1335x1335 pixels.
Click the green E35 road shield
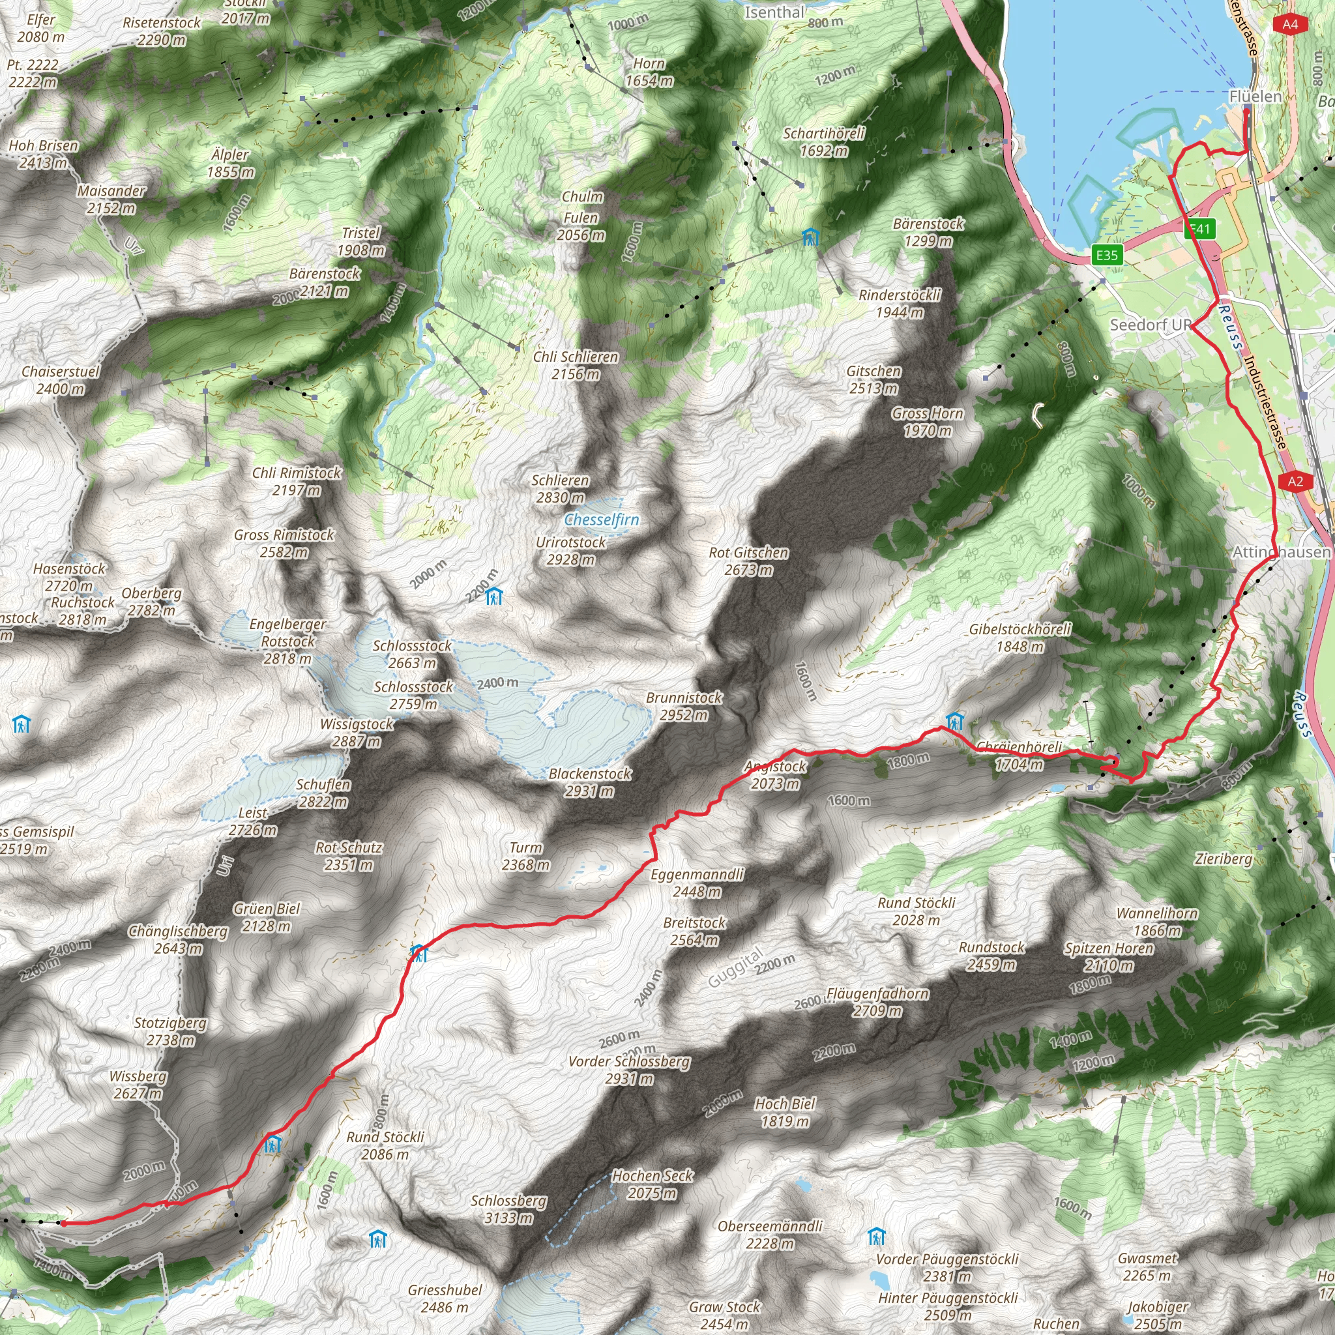coord(1106,255)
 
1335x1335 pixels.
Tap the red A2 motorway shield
coord(1295,482)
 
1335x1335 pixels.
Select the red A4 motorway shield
coord(1290,24)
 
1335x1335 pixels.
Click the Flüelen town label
coord(1255,96)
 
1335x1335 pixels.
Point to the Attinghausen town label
coord(1281,551)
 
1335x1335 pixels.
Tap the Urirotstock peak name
coord(571,542)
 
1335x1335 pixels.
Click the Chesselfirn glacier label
coord(602,520)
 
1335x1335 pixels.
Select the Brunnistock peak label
coord(684,698)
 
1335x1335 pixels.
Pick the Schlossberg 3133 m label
coord(508,1201)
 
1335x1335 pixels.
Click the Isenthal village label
coord(774,12)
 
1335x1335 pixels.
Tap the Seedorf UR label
coord(1151,325)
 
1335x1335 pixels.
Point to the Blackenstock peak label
coord(590,774)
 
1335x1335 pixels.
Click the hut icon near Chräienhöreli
coord(954,721)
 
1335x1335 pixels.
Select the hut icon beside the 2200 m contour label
coord(494,596)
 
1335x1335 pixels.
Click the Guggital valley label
coord(735,967)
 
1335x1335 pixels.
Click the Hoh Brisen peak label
coord(44,146)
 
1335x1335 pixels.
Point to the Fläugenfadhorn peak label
coord(877,993)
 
